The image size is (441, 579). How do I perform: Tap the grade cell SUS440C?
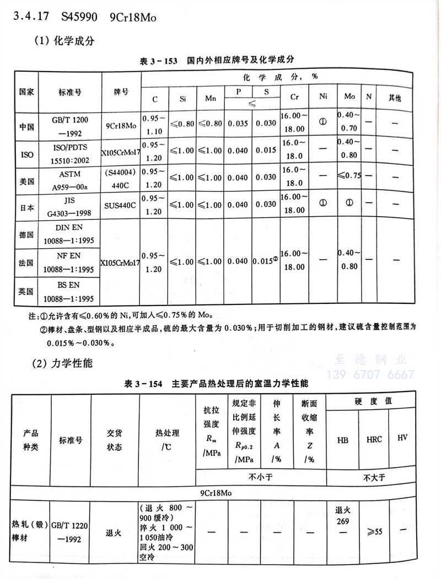tap(121, 204)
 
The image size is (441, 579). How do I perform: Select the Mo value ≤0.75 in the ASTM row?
tap(349, 176)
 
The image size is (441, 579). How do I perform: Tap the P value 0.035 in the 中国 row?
tap(238, 125)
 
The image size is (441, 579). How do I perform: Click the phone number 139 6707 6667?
tap(370, 375)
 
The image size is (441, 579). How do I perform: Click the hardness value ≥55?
tap(374, 530)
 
